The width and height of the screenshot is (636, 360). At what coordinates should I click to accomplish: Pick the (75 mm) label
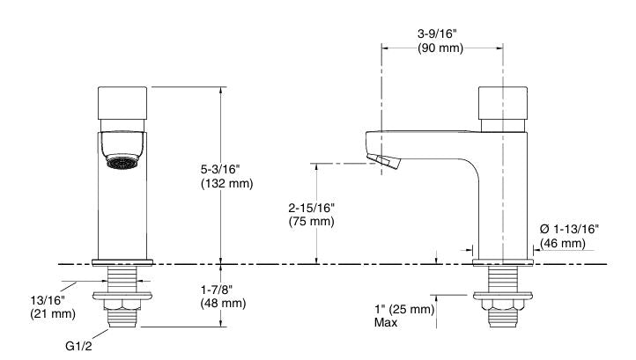click(311, 222)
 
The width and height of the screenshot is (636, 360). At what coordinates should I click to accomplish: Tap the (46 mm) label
click(563, 243)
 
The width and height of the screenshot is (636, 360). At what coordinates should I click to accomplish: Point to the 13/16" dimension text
click(46, 299)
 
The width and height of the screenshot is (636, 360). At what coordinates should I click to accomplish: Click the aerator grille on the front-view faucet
click(123, 162)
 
